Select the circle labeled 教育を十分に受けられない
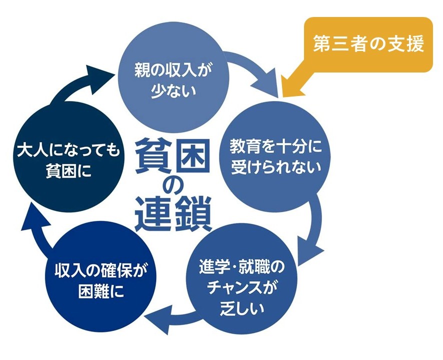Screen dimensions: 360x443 (273, 156)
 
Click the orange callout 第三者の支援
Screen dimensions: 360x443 (368, 44)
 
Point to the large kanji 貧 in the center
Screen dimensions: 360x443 (152, 153)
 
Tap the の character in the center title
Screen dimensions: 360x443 (172, 186)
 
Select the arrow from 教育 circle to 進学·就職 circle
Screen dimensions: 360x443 (316, 225)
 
